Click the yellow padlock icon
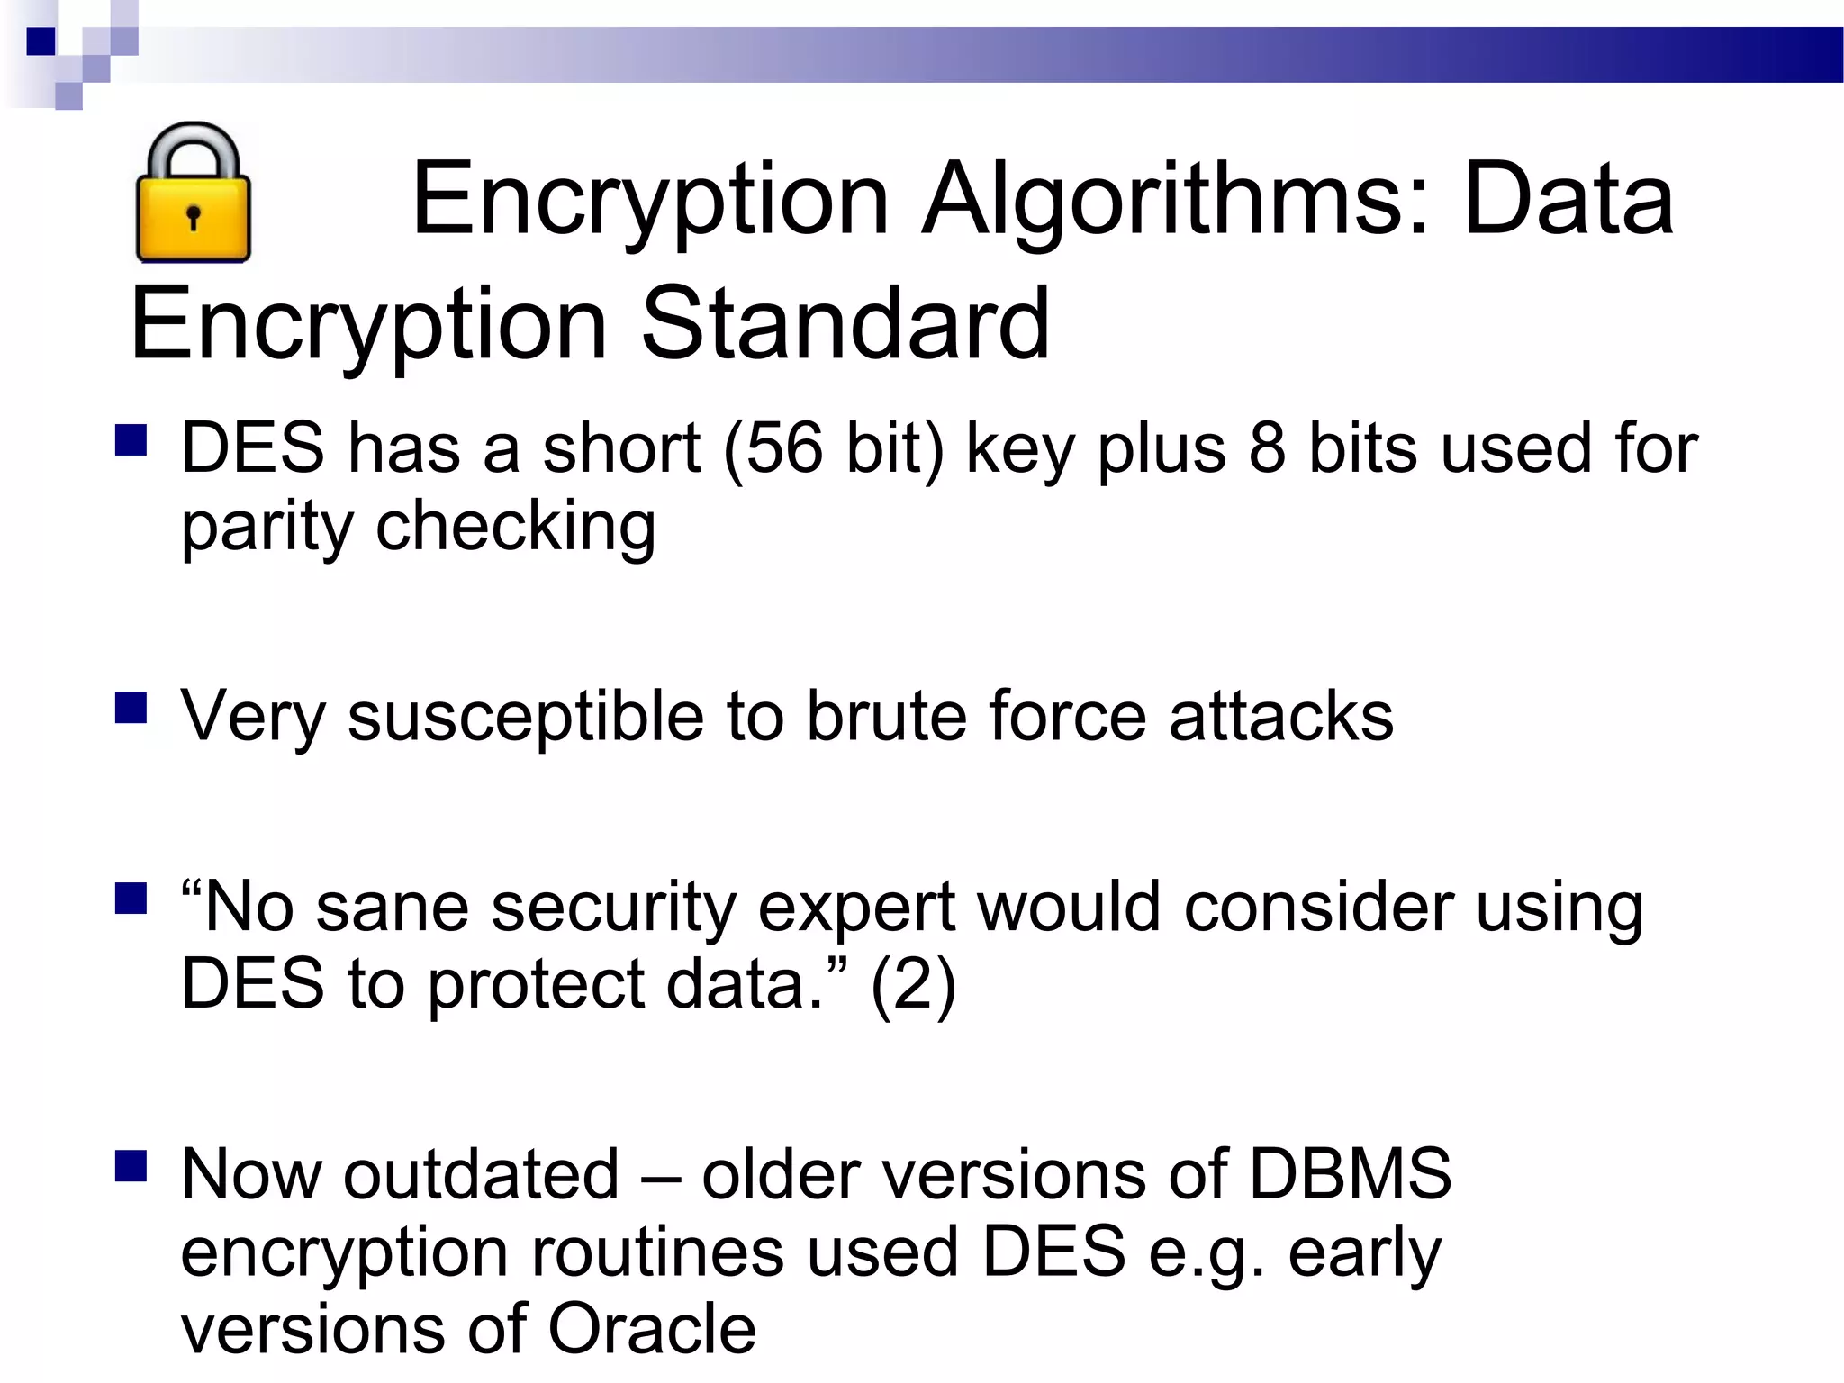(x=193, y=194)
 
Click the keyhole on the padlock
(x=193, y=217)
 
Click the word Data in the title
(x=1568, y=200)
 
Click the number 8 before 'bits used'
(x=1267, y=447)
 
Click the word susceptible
(x=525, y=717)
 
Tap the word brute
(x=886, y=717)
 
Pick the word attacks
(x=1280, y=717)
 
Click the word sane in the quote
(x=392, y=907)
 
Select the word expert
(x=855, y=907)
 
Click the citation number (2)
(x=913, y=984)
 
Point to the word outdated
(x=482, y=1174)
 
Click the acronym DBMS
(x=1350, y=1174)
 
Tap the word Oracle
(x=652, y=1329)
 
